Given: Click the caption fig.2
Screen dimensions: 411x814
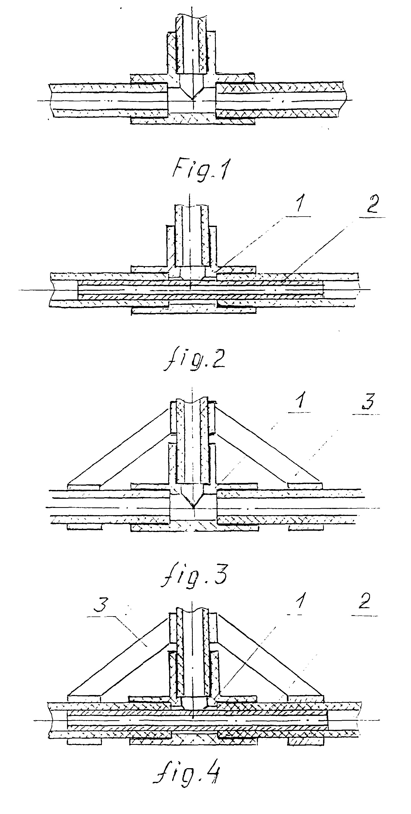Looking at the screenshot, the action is [194, 360].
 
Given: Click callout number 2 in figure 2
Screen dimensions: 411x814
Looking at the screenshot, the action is [372, 205].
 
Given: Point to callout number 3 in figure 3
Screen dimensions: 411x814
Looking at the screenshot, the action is [368, 401].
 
